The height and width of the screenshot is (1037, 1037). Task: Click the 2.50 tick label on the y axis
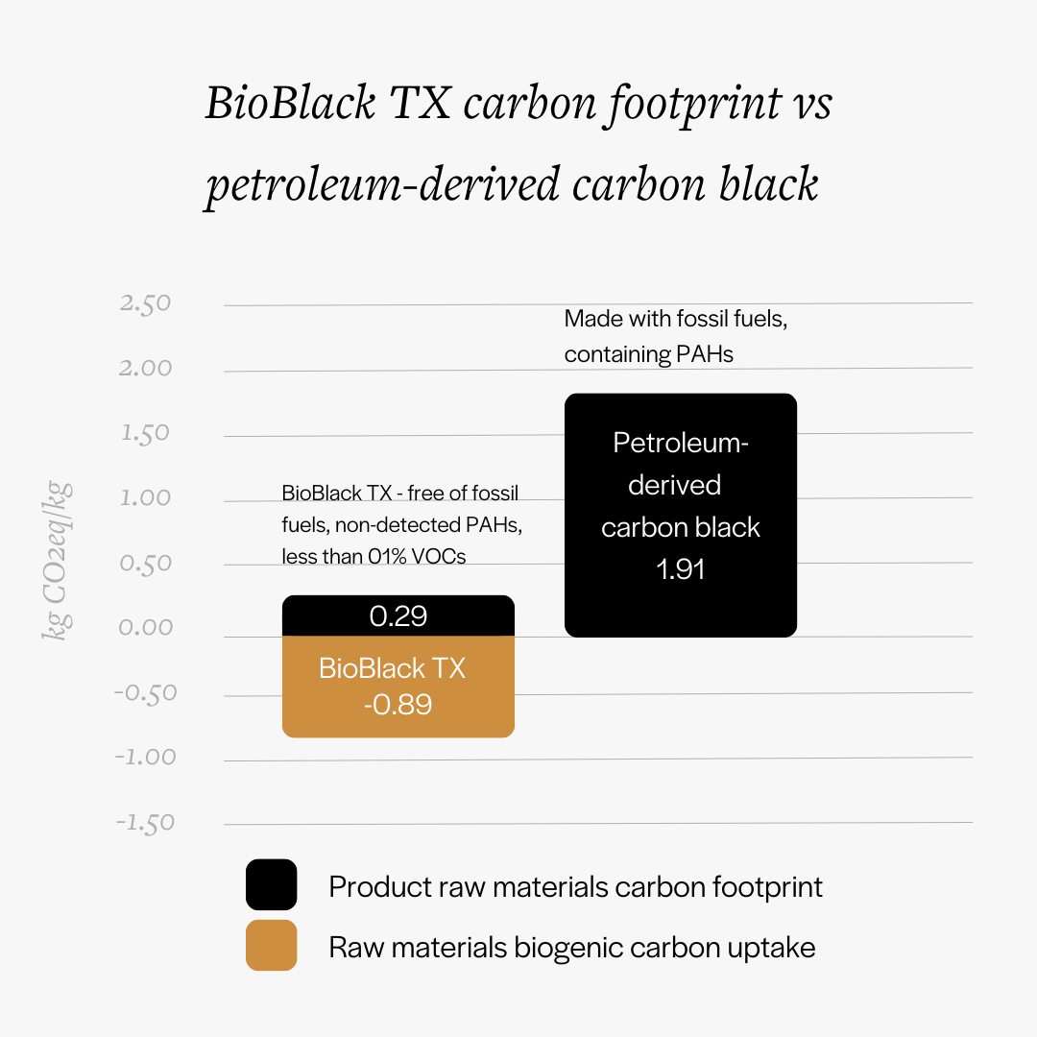[145, 303]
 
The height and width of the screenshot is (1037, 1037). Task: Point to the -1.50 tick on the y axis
[144, 823]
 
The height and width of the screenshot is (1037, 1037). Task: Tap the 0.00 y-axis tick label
[145, 627]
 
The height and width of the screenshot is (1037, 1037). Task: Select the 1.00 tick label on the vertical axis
[145, 497]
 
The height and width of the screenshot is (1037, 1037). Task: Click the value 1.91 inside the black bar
[680, 568]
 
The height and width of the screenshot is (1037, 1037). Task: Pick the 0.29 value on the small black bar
[398, 615]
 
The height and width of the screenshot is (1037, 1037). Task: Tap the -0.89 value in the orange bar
[398, 705]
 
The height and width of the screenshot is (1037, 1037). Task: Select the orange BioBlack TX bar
[398, 687]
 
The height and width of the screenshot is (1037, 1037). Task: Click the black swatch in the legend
[271, 884]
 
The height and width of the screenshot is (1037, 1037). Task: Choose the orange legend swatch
[271, 946]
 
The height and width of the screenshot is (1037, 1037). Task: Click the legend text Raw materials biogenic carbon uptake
[571, 948]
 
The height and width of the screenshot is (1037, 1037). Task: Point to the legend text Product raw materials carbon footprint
[575, 885]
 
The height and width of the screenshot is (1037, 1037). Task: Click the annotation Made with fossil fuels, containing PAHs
[675, 336]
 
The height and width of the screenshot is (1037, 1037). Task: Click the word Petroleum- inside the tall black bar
[680, 443]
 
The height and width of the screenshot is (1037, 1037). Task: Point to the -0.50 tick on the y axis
[145, 692]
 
